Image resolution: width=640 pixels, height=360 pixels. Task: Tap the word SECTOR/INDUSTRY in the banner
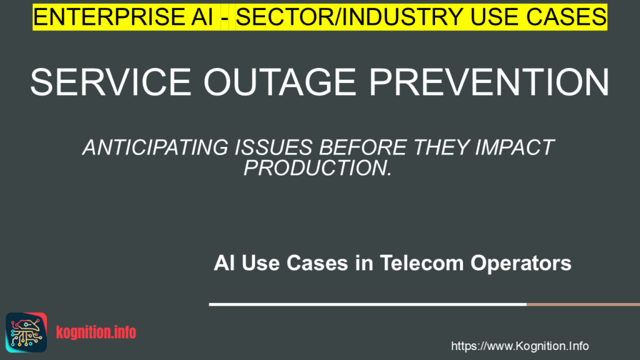[349, 17]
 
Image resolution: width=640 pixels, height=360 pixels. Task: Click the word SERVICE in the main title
[111, 82]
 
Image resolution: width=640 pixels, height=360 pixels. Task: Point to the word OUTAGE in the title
[280, 82]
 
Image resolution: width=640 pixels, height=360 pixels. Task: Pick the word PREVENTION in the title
[489, 82]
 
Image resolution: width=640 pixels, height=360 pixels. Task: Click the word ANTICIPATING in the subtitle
[155, 147]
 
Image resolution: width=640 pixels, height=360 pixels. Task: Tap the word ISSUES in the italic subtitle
[274, 147]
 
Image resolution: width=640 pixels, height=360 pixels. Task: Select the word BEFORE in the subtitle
[363, 147]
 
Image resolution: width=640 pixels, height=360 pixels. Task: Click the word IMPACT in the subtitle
[514, 147]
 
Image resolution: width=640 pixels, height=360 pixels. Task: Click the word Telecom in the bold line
[422, 263]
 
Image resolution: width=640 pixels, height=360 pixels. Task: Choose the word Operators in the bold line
[521, 264]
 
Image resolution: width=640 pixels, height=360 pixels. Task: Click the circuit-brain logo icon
[26, 332]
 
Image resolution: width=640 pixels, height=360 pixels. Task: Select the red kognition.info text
[96, 332]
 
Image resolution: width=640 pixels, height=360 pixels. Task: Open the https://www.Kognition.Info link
[519, 346]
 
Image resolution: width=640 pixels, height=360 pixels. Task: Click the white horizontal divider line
[367, 304]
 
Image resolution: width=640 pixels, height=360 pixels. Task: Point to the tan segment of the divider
[583, 304]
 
